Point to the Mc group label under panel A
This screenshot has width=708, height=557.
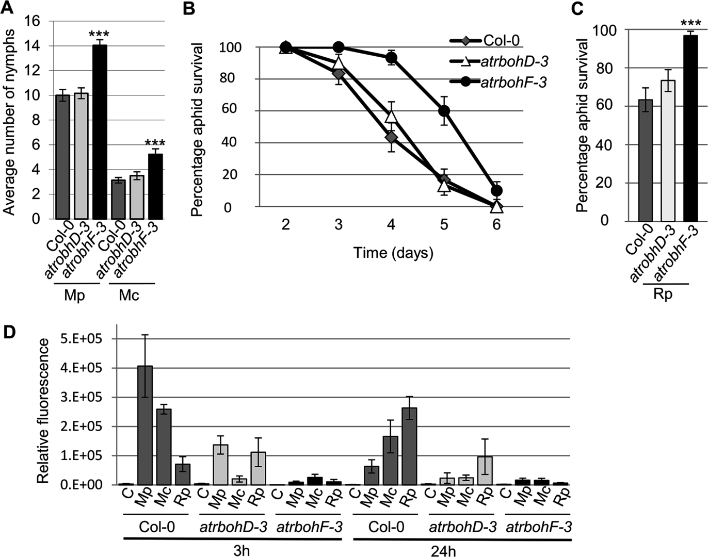pyautogui.click(x=129, y=296)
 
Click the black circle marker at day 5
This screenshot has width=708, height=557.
pyautogui.click(x=444, y=111)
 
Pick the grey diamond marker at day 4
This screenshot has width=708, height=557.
pyautogui.click(x=391, y=137)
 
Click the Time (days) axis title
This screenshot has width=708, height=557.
pyautogui.click(x=393, y=253)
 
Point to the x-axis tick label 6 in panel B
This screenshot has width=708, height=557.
pyautogui.click(x=496, y=225)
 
